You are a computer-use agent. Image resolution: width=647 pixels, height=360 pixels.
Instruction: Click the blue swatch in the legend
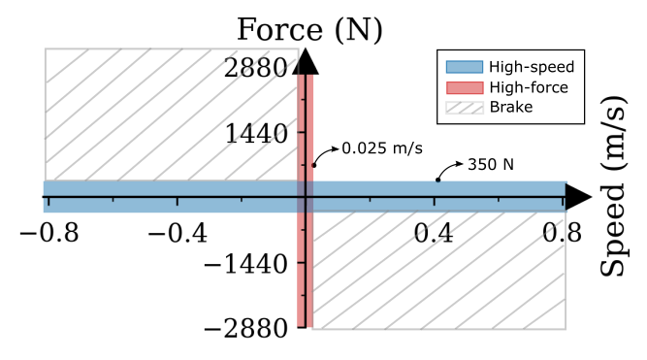coord(464,67)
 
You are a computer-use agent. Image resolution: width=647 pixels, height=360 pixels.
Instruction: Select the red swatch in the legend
coord(464,87)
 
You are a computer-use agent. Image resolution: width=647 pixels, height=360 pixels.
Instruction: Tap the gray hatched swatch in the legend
coord(464,108)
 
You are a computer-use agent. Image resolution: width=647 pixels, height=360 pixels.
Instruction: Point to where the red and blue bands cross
coord(306,196)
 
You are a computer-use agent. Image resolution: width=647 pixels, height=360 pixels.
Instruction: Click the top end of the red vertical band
coord(306,76)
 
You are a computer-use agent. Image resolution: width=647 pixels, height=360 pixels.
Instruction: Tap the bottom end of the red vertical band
coord(306,326)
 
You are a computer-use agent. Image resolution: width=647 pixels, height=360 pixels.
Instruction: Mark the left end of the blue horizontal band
coord(45,196)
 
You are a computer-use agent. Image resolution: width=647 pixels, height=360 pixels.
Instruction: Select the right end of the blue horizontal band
coord(565,196)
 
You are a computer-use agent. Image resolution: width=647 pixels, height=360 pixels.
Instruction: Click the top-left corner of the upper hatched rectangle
coord(45,49)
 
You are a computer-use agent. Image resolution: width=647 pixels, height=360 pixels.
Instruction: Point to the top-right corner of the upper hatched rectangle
coord(298,49)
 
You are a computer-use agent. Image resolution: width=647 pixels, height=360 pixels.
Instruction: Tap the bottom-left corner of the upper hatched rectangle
coord(45,180)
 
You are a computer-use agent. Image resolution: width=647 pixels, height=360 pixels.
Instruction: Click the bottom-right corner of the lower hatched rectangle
coord(566,329)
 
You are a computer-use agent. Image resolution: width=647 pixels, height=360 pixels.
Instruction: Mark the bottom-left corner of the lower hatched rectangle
coord(312,329)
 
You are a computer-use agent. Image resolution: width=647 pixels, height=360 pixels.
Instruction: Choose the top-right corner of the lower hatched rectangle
coord(566,212)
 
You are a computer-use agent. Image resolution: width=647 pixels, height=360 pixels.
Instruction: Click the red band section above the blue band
coord(306,126)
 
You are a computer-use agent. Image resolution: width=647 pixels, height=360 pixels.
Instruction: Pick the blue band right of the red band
coord(437,196)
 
